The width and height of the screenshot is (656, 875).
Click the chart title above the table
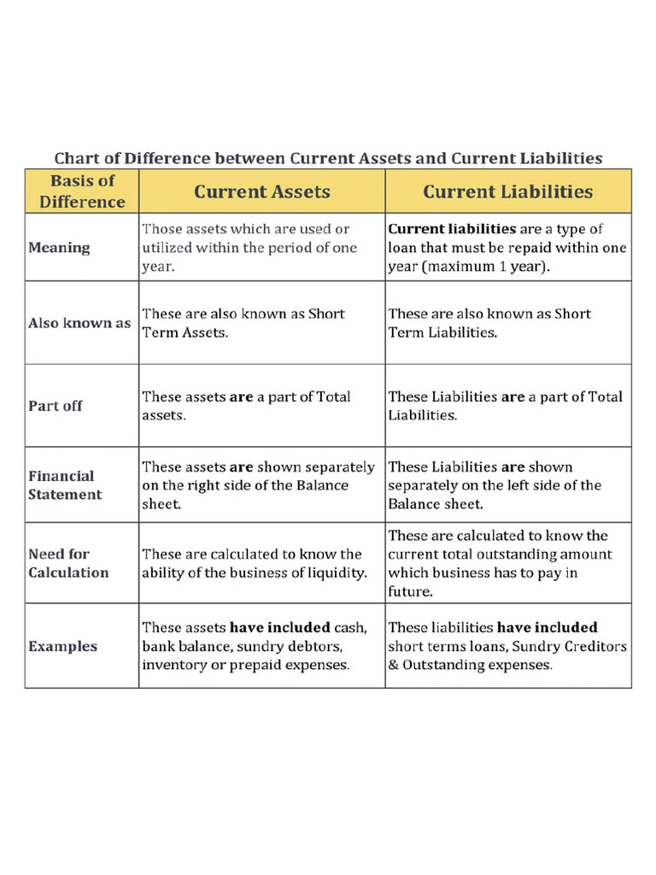[x=328, y=158]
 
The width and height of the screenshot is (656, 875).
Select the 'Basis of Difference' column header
[x=82, y=191]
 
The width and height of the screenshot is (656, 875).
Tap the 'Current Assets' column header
[x=261, y=191]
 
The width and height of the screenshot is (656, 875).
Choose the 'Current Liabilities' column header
[x=507, y=191]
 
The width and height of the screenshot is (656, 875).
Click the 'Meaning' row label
[x=59, y=248]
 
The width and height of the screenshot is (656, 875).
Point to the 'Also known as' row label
[x=79, y=324]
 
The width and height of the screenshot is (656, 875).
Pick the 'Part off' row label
[x=56, y=406]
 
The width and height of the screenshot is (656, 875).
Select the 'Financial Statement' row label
[x=65, y=485]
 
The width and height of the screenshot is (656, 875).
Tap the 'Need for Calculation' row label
[x=68, y=563]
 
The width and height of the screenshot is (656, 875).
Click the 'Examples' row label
[x=62, y=646]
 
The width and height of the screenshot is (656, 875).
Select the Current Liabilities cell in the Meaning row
[x=507, y=248]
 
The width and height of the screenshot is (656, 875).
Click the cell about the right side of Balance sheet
[x=258, y=485]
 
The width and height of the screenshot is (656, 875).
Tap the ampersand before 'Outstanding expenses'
[x=394, y=665]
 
